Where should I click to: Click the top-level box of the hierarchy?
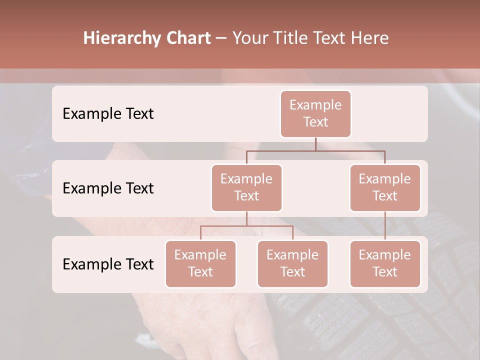coord(315,113)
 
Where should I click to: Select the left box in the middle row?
coord(246,187)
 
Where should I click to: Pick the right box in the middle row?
coord(385,187)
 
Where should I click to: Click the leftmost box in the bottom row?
coord(200,263)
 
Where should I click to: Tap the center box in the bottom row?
coord(292,263)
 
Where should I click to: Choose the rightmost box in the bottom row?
coord(385,263)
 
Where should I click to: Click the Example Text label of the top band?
coord(108,113)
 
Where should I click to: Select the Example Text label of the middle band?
coord(108,188)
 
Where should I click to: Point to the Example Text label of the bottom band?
coord(108,264)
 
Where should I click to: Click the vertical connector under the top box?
coord(315,144)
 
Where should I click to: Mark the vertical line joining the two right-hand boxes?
coord(385,226)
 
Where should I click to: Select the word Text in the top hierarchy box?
coord(315,122)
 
